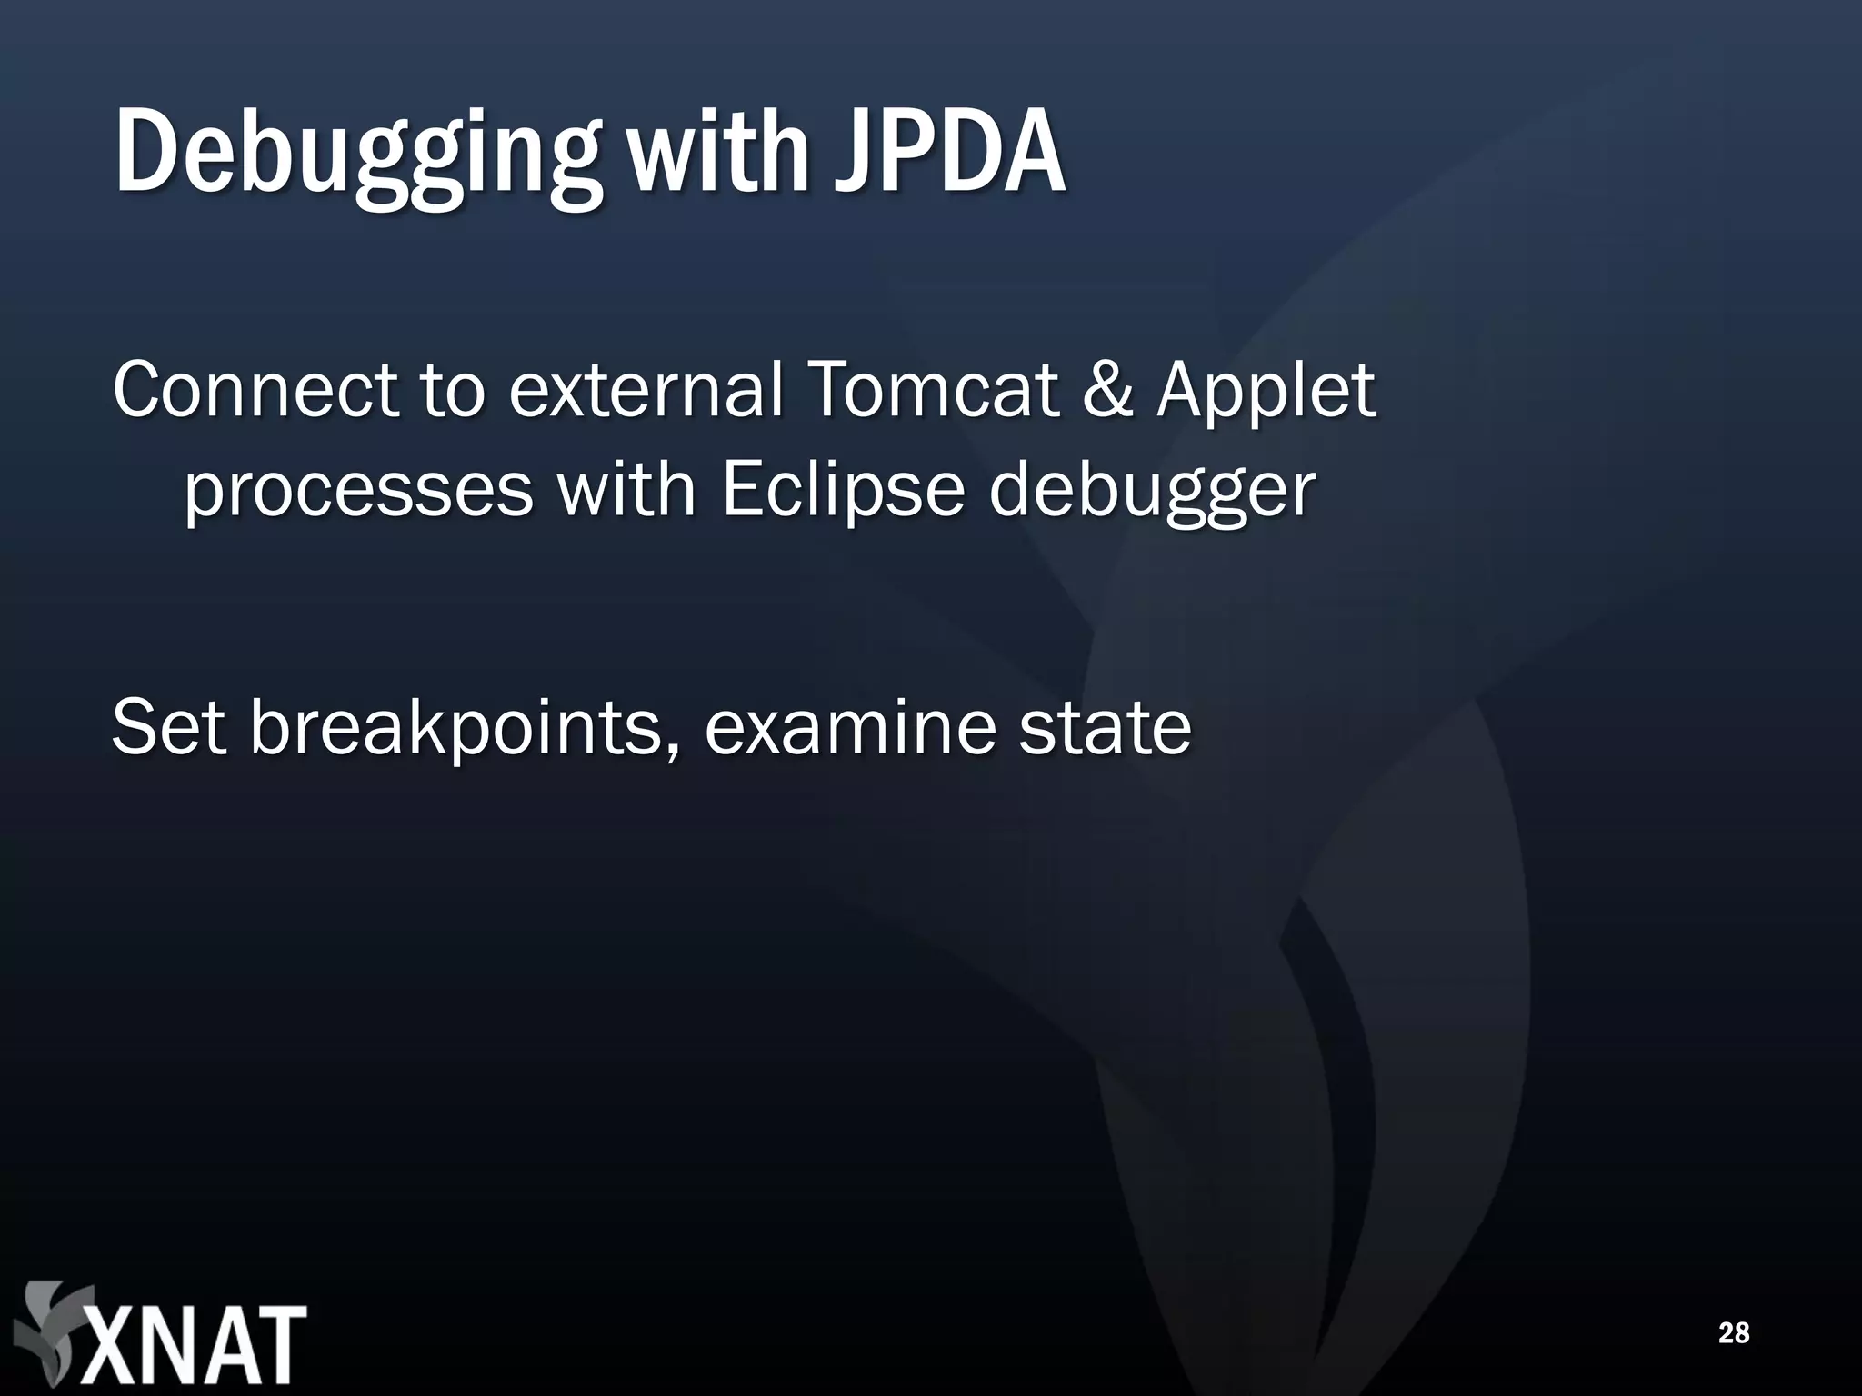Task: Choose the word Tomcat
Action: pyautogui.click(x=932, y=390)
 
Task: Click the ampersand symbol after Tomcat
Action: pyautogui.click(x=1107, y=390)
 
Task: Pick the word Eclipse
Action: pyautogui.click(x=842, y=491)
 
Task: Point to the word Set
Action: pyautogui.click(x=168, y=727)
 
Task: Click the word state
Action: pyautogui.click(x=1104, y=727)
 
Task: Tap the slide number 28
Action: pyautogui.click(x=1734, y=1332)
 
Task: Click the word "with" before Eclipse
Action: pyautogui.click(x=626, y=491)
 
